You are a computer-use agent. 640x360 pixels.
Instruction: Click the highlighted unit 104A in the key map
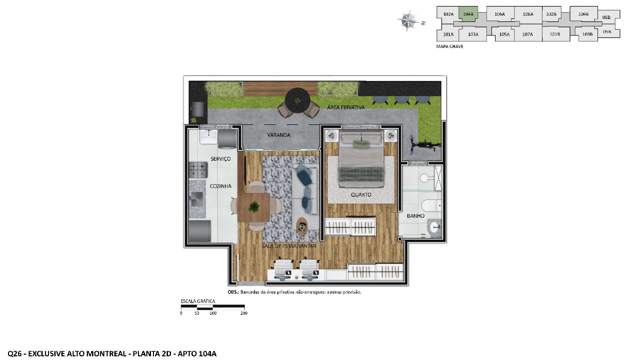[x=468, y=14]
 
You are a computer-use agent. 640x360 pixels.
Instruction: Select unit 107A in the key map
[x=527, y=34]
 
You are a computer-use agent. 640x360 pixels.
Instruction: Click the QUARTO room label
[x=361, y=195]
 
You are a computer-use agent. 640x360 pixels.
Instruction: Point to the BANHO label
[x=415, y=216]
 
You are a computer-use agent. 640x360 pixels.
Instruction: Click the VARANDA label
[x=279, y=135]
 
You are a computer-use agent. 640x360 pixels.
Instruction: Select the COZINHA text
[x=221, y=186]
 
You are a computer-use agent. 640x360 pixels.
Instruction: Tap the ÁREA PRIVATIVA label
[x=346, y=107]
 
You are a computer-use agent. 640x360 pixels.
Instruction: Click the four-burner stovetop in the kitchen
[x=198, y=170]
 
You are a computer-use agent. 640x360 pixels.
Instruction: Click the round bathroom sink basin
[x=435, y=228]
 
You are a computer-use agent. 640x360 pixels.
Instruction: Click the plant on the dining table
[x=254, y=207]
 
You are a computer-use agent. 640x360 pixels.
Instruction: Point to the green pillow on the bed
[x=361, y=144]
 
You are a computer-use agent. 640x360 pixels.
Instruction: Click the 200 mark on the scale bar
[x=244, y=313]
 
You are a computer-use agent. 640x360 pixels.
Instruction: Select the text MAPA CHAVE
[x=450, y=46]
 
